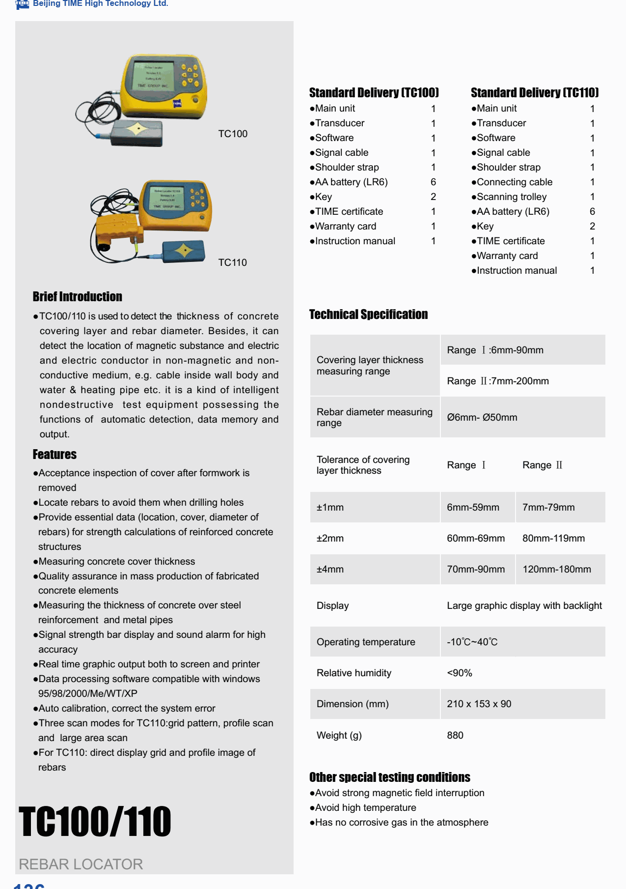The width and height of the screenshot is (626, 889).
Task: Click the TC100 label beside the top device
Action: tap(233, 134)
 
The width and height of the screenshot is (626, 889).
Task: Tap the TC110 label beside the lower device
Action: tap(232, 262)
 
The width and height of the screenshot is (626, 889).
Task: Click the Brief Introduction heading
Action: tap(77, 296)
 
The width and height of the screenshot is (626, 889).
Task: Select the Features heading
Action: tap(54, 454)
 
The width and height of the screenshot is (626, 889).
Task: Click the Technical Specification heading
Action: tap(368, 314)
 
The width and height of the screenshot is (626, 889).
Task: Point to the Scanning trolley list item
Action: tap(511, 197)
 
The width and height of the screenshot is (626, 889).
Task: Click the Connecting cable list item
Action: tap(514, 182)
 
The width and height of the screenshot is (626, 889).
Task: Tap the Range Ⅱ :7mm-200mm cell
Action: tap(497, 381)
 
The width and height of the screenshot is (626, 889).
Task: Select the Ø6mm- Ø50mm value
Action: tap(482, 417)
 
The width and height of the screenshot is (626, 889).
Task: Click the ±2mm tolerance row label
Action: tap(330, 538)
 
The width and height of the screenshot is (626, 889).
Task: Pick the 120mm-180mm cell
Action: tap(556, 569)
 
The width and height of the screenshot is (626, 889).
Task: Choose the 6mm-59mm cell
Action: tap(473, 507)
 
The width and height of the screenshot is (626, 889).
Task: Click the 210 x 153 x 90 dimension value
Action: tap(479, 704)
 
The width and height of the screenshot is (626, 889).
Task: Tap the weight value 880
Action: tap(455, 735)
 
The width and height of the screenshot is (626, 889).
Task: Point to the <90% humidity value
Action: tap(459, 673)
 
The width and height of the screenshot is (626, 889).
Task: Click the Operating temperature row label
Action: tap(366, 642)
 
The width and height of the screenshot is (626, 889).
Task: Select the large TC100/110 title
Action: tap(95, 822)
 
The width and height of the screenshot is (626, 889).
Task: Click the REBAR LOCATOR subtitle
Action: tap(81, 864)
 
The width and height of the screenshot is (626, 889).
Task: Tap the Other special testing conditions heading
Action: tap(389, 777)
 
